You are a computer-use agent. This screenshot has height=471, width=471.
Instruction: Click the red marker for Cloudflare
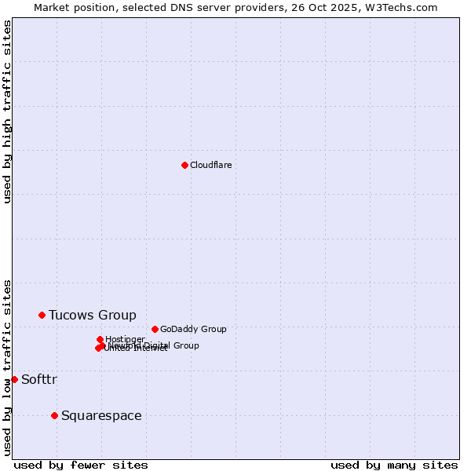184,165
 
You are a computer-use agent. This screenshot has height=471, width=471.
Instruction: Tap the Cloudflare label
210,165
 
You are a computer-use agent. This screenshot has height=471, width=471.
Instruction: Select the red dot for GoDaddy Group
155,329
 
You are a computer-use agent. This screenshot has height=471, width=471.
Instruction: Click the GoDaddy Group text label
193,329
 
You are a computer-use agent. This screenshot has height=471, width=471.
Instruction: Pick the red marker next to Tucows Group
42,315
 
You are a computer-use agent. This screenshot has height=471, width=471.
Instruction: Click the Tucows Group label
93,315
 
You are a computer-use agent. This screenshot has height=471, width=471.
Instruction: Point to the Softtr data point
14,379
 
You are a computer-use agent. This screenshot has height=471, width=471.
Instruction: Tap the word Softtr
39,380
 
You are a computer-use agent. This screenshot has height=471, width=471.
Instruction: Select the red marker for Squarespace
54,415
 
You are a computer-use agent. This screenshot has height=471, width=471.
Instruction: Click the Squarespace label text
101,416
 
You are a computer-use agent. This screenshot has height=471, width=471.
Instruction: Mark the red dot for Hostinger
100,339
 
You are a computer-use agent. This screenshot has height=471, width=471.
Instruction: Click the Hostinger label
126,339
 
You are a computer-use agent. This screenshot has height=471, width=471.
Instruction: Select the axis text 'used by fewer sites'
81,465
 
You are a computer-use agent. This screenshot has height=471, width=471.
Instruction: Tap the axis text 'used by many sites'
394,465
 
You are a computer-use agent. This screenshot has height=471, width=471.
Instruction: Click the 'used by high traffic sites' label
7,111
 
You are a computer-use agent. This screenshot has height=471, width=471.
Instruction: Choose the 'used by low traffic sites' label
7,367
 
